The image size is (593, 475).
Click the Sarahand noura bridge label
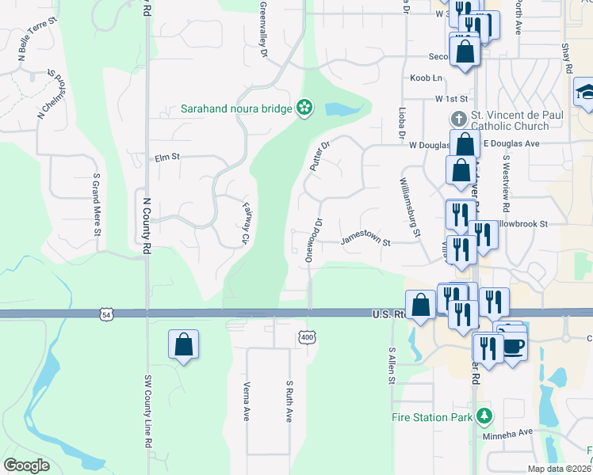235,108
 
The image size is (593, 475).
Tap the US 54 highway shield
106,314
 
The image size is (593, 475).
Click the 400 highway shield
307,338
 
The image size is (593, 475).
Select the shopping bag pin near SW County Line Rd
183,344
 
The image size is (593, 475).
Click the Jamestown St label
365,240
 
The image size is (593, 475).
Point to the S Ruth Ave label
289,401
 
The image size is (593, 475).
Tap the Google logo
26,465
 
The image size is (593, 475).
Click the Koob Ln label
426,78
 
